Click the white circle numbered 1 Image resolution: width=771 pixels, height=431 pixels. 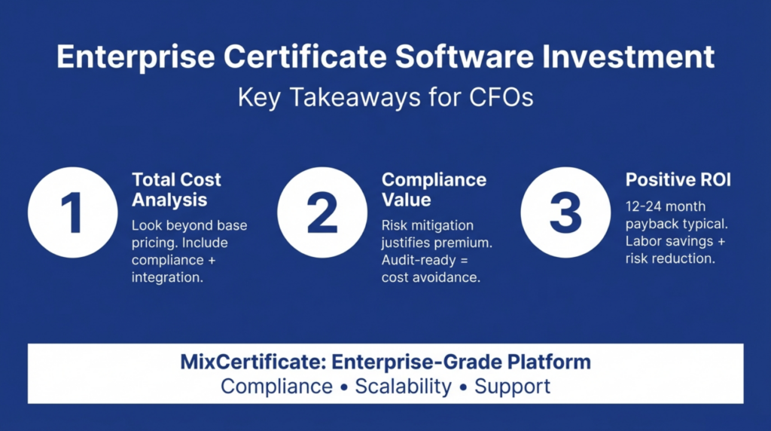(x=72, y=212)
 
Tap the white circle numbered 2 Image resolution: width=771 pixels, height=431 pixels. (x=322, y=212)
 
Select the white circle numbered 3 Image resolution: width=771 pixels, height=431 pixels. (x=565, y=212)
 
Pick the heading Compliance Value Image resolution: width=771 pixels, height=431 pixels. (x=434, y=190)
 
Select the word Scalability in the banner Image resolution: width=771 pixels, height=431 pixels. (x=404, y=387)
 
